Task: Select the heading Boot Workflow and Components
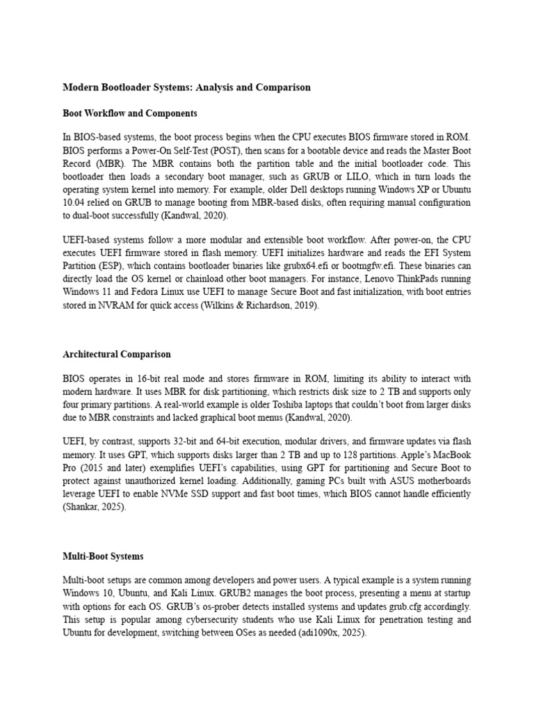[130, 113]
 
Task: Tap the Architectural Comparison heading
[117, 354]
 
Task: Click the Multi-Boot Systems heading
[103, 556]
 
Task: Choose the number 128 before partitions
[365, 455]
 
